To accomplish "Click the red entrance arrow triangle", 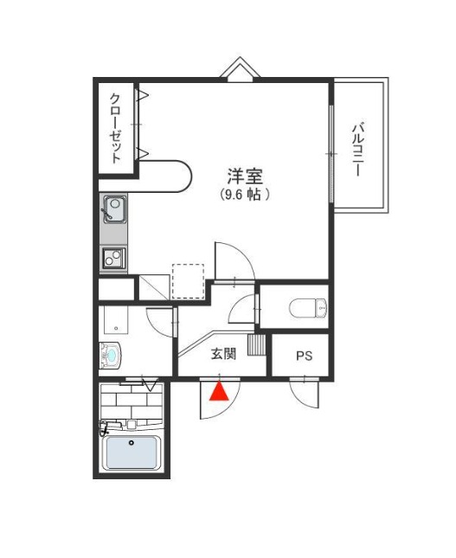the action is click(219, 391).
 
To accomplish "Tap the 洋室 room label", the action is click(245, 176).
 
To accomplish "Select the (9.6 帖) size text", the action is click(244, 195).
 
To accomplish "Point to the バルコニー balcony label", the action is click(357, 150).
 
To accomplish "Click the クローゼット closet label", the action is click(116, 128).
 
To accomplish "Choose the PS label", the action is click(305, 356).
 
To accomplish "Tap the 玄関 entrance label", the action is click(223, 354).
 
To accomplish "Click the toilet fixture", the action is click(308, 307).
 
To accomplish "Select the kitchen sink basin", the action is click(114, 208).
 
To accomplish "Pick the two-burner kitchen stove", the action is click(114, 258).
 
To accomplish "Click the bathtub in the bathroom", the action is click(132, 452).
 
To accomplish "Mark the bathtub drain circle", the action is click(132, 443).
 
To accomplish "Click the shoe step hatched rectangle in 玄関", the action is click(257, 344).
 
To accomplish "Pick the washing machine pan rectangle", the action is click(116, 319).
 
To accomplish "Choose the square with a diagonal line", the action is click(154, 287).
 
